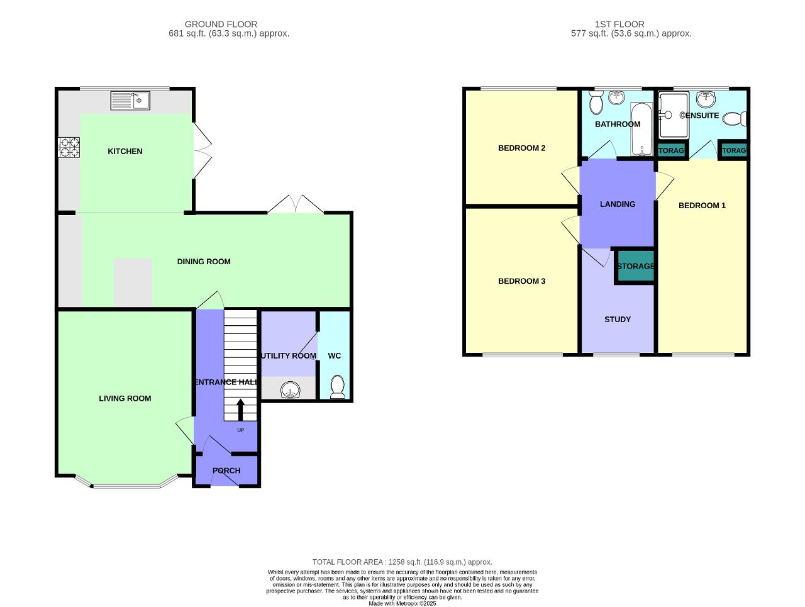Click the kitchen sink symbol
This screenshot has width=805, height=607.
(x=130, y=100)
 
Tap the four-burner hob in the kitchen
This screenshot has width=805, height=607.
(x=69, y=147)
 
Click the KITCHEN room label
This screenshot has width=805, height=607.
(x=125, y=152)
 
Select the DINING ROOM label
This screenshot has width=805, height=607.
(x=204, y=262)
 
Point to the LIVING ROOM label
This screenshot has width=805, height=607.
(x=125, y=398)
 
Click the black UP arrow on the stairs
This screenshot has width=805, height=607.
(x=240, y=409)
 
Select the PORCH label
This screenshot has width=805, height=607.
(x=226, y=471)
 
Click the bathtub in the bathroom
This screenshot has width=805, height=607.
(x=642, y=129)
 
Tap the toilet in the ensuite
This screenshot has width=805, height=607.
(x=734, y=118)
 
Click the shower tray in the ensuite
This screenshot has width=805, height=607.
(x=674, y=115)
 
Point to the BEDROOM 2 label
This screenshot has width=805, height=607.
(x=521, y=148)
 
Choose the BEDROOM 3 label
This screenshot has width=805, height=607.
(x=521, y=281)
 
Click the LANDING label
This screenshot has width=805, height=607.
(x=618, y=204)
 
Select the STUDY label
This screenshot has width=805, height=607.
(x=618, y=320)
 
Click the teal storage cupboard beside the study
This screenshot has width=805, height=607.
(x=635, y=266)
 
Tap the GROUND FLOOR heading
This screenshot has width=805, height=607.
(x=221, y=25)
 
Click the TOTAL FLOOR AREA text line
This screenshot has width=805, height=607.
(x=402, y=562)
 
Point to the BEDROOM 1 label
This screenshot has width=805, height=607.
(x=702, y=206)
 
